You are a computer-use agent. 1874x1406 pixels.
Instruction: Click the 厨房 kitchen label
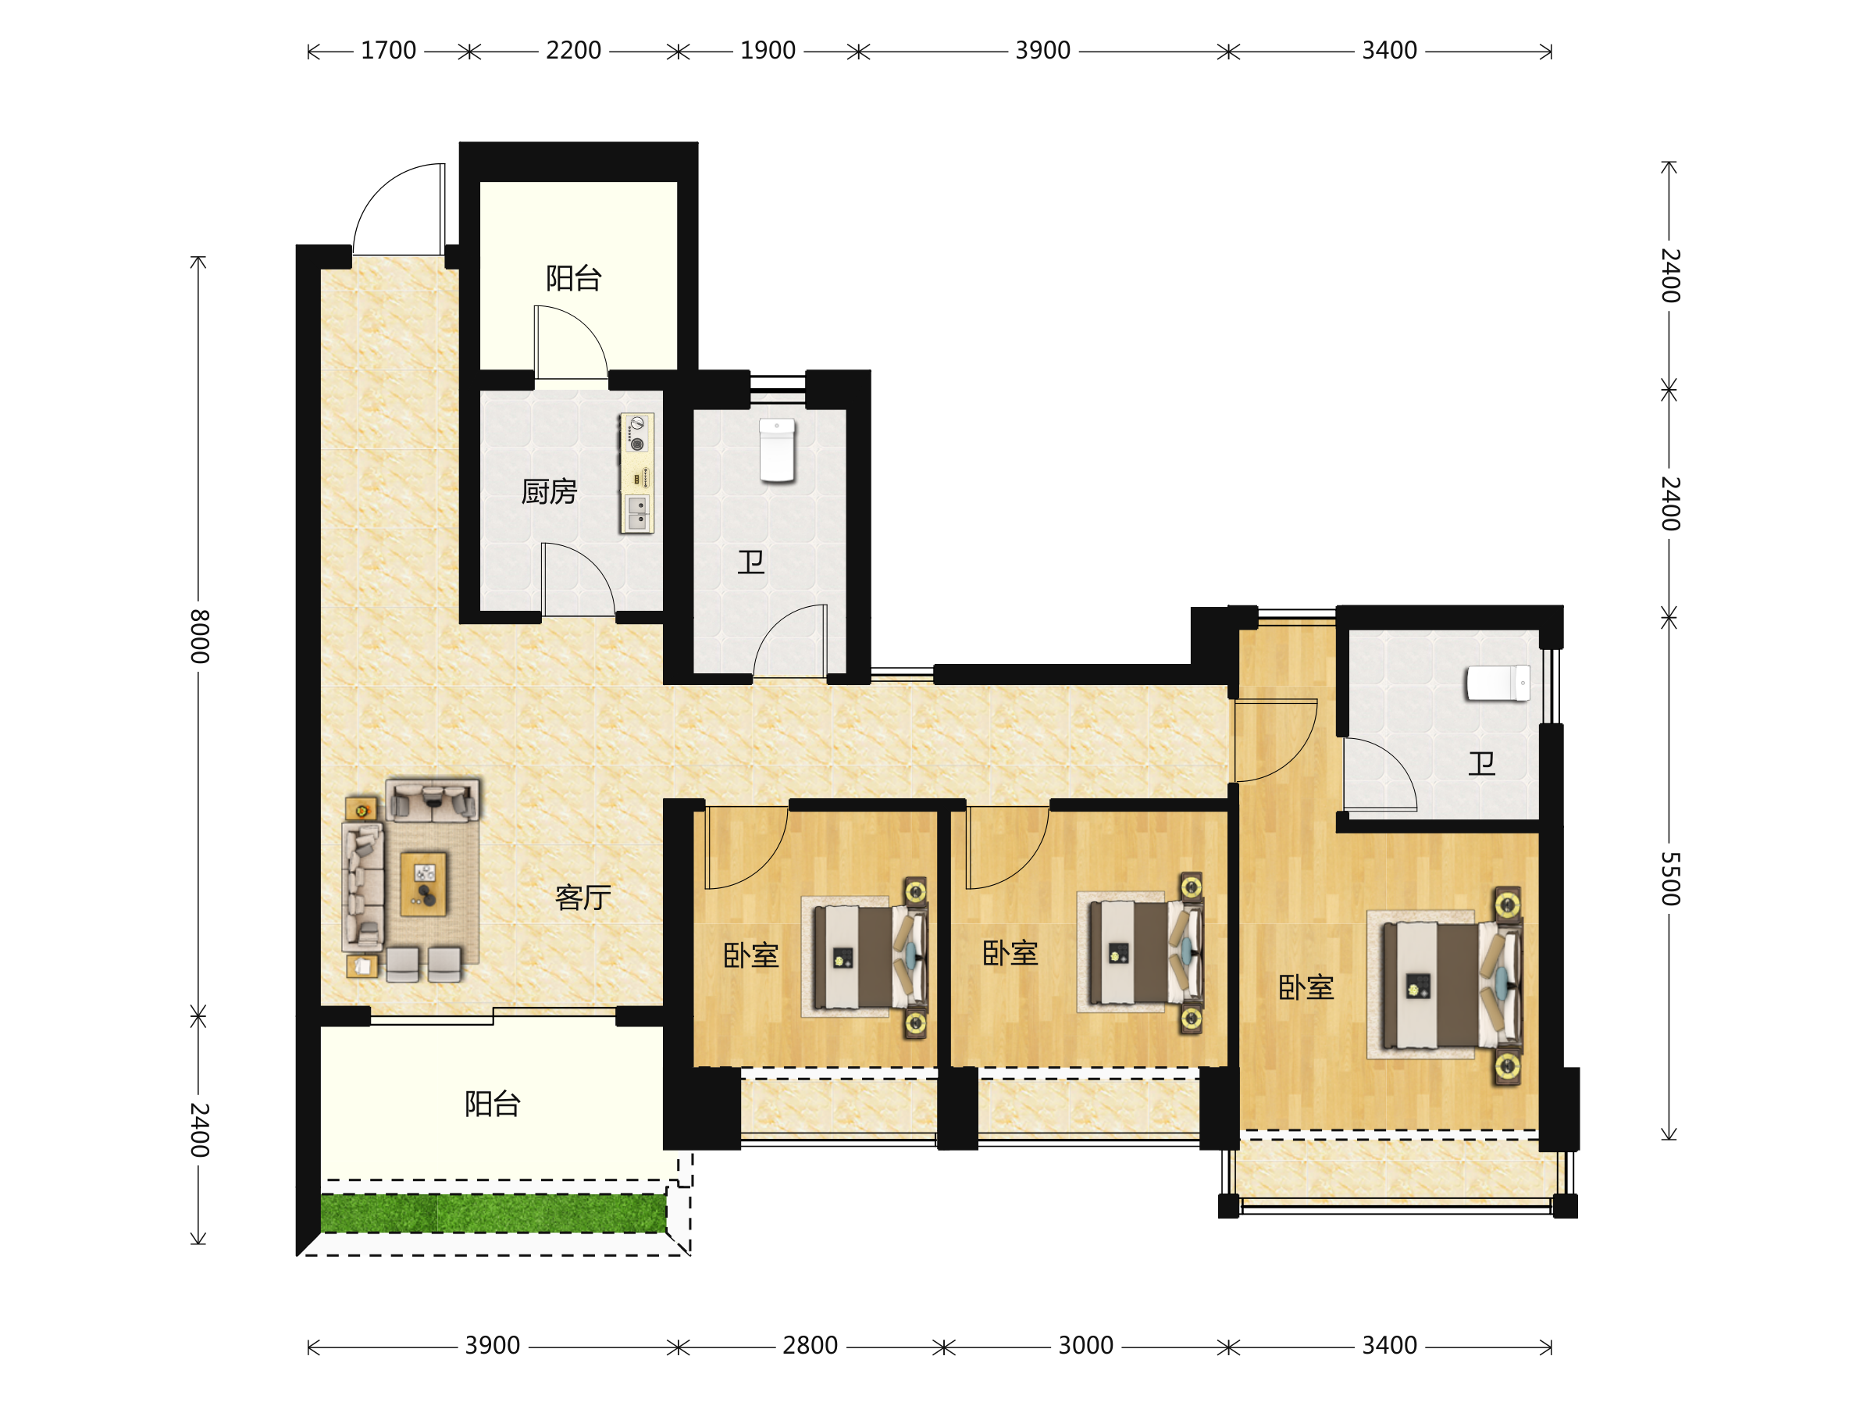point(549,491)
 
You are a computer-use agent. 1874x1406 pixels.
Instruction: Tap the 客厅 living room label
point(583,897)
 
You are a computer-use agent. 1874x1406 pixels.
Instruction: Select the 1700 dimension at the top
point(388,51)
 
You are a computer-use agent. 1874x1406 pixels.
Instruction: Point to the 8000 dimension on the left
point(199,636)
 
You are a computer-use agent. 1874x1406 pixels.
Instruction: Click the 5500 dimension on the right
point(1669,879)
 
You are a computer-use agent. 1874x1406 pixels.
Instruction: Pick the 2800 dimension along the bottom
point(810,1346)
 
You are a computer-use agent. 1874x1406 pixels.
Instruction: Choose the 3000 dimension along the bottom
point(1085,1346)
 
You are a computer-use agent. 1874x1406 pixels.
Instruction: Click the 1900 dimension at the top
point(768,51)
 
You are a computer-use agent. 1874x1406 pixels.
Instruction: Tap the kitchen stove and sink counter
point(637,473)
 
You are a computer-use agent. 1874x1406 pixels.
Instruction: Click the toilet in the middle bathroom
point(777,450)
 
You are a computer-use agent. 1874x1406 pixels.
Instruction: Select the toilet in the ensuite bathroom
point(1498,683)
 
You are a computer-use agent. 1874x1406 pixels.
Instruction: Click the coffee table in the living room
point(423,884)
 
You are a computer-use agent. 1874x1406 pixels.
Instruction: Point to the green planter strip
point(493,1213)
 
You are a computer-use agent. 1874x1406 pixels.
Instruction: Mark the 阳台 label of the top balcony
point(574,278)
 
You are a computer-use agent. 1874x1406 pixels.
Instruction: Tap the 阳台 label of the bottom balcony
point(492,1104)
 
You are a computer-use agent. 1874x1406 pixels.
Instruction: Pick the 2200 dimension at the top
point(574,51)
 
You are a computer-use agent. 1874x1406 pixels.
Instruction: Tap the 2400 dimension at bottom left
point(199,1129)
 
